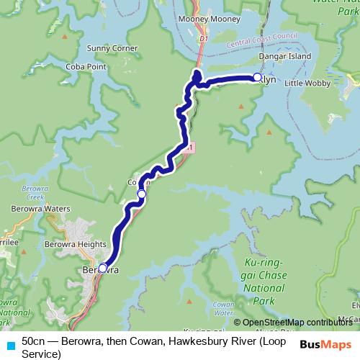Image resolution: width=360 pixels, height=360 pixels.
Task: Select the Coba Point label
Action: (x=107, y=67)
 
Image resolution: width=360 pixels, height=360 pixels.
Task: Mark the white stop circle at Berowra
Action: (x=102, y=268)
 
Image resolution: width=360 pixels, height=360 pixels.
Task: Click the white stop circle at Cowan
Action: (x=142, y=194)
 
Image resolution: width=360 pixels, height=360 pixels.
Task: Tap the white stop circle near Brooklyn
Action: (x=257, y=78)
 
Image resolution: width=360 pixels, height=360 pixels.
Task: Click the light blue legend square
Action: (x=11, y=346)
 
